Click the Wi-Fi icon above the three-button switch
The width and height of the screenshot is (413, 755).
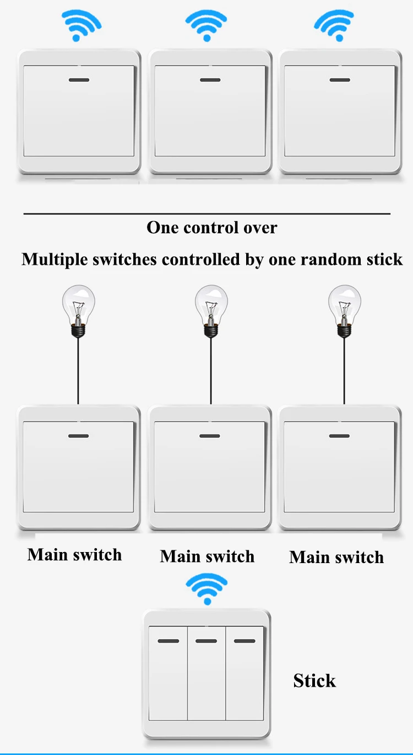206,588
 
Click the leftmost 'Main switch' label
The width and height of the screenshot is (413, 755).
74,554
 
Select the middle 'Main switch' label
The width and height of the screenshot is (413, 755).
207,556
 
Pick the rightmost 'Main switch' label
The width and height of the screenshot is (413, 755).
336,557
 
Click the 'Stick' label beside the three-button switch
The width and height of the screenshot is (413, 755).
314,681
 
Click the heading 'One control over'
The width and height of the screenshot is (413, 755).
212,227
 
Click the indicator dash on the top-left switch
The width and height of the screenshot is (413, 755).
79,80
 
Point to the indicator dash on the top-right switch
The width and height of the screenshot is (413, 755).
339,80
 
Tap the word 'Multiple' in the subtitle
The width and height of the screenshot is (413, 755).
55,259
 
